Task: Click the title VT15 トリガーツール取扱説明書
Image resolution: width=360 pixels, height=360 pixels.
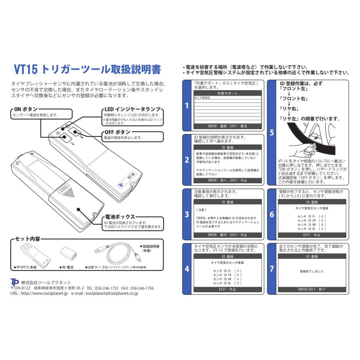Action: coord(88,70)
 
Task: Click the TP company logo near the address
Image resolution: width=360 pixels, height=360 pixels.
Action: coord(15,282)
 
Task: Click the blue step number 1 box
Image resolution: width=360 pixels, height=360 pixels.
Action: coord(187,106)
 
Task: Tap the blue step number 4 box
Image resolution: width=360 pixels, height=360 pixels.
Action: coord(187,269)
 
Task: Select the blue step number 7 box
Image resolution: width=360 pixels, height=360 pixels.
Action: coord(272,269)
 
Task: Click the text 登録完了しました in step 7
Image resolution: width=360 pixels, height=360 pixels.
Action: coord(312,271)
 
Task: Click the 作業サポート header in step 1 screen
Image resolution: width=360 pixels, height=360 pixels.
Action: coord(227,93)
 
